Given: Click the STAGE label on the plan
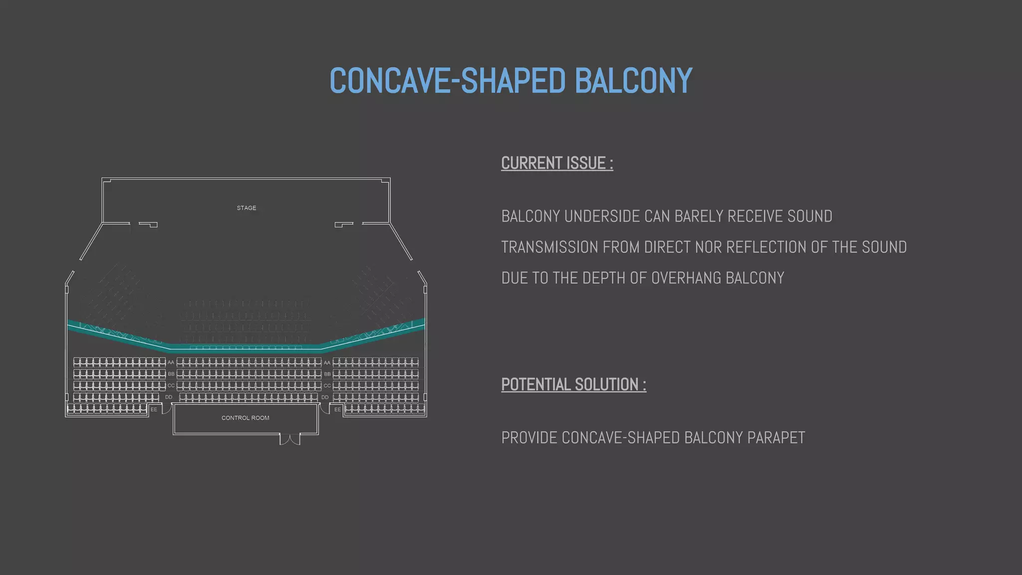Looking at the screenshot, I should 247,208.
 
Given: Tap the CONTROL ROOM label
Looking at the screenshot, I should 245,418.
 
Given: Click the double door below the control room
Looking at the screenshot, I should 290,439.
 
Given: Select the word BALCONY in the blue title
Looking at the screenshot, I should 633,80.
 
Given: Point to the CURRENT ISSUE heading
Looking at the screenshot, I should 557,163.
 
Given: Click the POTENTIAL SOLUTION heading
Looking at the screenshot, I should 573,385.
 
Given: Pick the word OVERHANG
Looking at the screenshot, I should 686,278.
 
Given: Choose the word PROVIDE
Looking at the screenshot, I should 529,438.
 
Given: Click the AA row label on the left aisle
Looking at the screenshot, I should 171,362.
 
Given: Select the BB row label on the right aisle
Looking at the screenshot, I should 327,374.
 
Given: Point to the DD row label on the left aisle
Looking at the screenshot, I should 169,397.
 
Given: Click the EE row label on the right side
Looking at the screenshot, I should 338,409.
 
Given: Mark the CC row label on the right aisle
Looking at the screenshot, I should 327,386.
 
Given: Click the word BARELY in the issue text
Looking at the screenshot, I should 699,216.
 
